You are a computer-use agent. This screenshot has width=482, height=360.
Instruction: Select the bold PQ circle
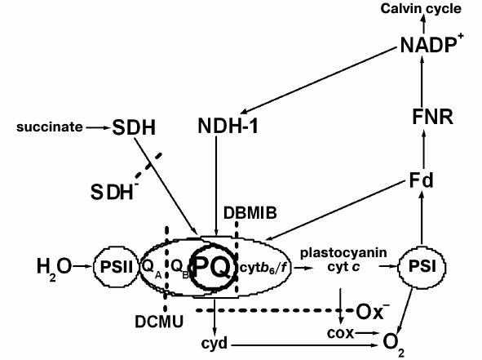tap(207, 265)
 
